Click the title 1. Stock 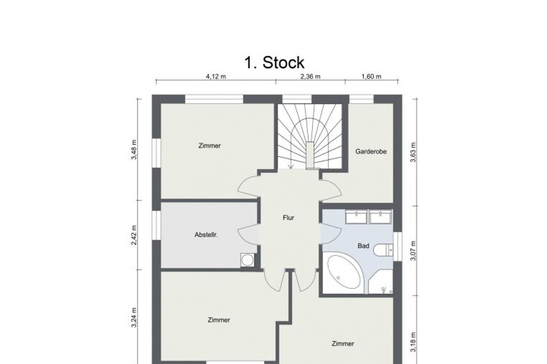coord(274,62)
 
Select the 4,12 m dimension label coord(215,77)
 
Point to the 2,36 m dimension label coord(310,77)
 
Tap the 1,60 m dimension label coord(371,77)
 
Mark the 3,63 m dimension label coord(412,152)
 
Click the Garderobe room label coord(371,152)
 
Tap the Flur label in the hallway coord(288,218)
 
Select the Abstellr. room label coord(206,235)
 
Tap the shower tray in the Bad coord(381,284)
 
